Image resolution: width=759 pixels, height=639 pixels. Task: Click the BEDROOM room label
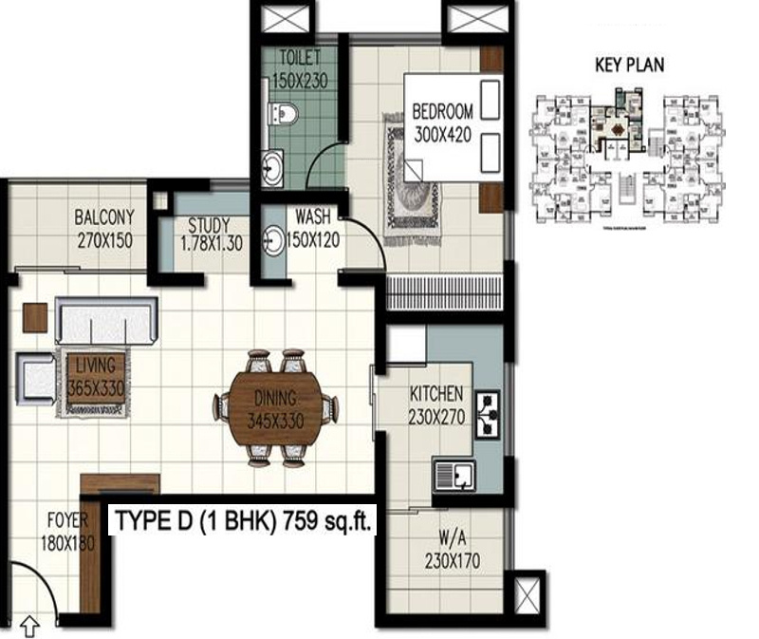tap(441, 123)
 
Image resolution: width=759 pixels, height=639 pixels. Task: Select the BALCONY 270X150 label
tap(103, 228)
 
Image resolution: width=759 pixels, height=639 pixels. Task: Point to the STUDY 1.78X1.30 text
tap(210, 234)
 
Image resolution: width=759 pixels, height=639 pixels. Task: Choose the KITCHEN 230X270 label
tap(435, 404)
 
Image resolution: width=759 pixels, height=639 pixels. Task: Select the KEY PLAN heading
tap(629, 66)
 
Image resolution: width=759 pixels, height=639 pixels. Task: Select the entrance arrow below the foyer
tap(29, 626)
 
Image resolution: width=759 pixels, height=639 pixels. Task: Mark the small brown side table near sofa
tap(35, 317)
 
